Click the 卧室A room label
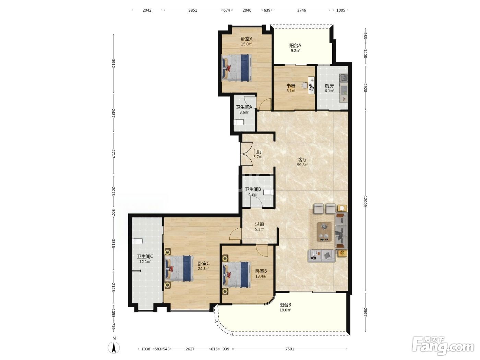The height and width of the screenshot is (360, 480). pos(247,39)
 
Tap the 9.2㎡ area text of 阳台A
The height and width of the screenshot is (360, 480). pos(295,51)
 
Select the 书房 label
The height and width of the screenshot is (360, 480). pos(291,86)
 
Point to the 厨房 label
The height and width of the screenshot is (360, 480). pos(329,86)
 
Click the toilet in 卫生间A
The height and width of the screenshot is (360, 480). pos(239,122)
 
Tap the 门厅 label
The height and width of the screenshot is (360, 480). pos(258,152)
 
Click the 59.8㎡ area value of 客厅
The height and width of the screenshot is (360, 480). pos(302,165)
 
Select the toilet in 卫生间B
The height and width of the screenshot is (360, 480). pos(268,192)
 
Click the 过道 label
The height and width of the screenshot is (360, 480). pos(260,224)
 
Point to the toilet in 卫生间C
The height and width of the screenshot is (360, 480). pos(137,241)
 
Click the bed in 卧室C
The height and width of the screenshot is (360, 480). pos(179,268)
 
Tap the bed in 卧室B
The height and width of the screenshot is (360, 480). pos(237,275)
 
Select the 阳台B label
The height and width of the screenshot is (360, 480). pos(285,305)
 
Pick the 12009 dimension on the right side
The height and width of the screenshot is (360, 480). pos(365,201)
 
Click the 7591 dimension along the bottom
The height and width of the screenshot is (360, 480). pos(290,349)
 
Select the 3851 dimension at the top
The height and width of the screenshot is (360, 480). pos(193,10)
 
